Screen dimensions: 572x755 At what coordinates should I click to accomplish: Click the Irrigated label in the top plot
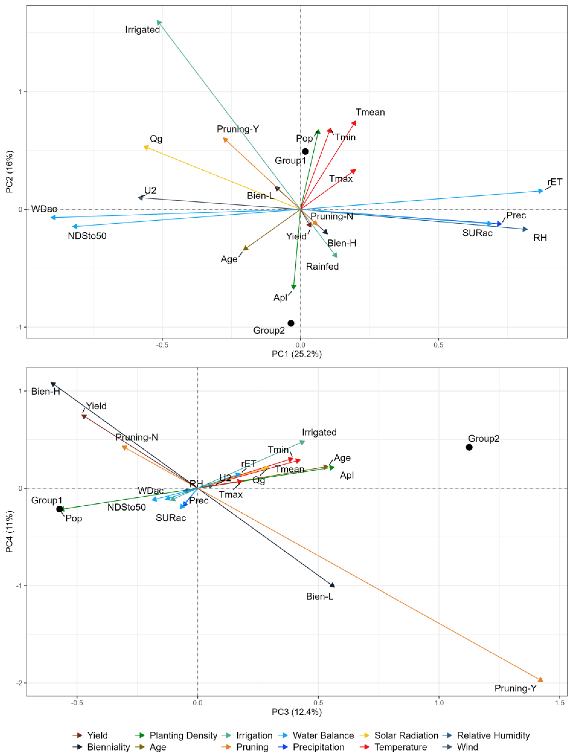pyautogui.click(x=142, y=30)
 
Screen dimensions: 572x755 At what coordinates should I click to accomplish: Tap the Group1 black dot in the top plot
pyautogui.click(x=305, y=151)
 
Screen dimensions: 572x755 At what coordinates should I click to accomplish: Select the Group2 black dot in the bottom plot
pyautogui.click(x=469, y=447)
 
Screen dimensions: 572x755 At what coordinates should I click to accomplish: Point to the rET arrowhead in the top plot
pyautogui.click(x=540, y=191)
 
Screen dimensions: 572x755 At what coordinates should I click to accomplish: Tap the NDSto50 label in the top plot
pyautogui.click(x=87, y=236)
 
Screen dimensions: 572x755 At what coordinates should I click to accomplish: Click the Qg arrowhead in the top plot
pyautogui.click(x=146, y=147)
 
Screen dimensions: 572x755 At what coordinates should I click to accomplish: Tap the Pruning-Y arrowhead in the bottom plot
pyautogui.click(x=540, y=680)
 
